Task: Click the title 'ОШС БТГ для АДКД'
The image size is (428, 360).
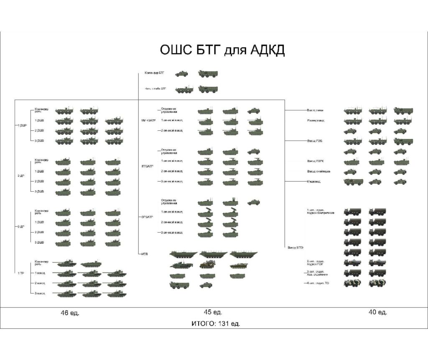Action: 222,50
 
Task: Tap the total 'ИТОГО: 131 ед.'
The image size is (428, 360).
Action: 216,323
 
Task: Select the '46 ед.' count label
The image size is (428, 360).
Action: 70,312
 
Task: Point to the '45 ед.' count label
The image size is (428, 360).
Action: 213,312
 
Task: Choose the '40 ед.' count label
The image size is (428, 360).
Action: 378,312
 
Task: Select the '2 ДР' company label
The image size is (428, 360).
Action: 21,176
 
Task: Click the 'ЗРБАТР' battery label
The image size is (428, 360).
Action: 148,217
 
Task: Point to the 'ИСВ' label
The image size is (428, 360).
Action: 145,254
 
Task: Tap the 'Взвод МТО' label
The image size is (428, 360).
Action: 295,248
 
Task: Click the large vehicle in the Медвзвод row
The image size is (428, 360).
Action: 353,182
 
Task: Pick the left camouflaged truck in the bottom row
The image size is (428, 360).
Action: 352,283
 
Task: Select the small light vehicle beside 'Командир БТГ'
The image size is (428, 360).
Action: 181,74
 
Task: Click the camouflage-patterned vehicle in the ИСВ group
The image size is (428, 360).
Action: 206,264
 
